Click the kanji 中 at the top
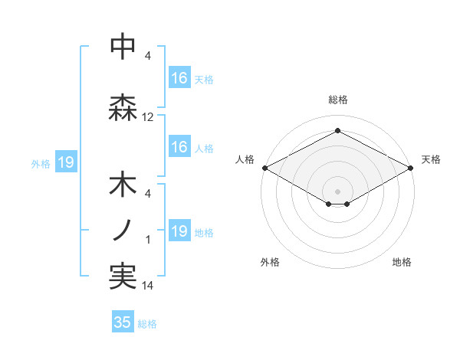123,47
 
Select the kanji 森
123,108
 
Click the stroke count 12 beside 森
148,117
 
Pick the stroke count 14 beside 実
148,286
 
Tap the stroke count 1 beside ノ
148,240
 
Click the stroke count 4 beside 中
148,56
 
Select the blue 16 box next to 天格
179,78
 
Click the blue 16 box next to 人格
179,147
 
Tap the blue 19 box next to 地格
179,231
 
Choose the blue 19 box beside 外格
65,162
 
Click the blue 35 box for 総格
123,322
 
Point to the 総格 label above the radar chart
337,100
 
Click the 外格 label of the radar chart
270,262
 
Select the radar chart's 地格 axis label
402,262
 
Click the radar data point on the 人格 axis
264,168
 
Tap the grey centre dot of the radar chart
337,190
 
